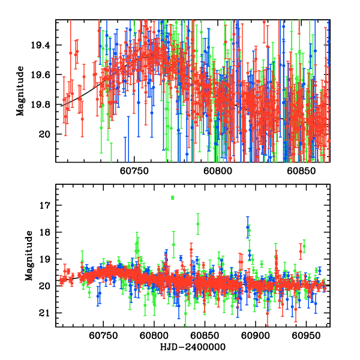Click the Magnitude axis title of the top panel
pyautogui.click(x=21, y=91)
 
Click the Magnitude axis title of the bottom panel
pyautogui.click(x=29, y=256)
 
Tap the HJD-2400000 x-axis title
pyautogui.click(x=193, y=347)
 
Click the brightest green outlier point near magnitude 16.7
pyautogui.click(x=173, y=197)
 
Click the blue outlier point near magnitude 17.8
pyautogui.click(x=248, y=227)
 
